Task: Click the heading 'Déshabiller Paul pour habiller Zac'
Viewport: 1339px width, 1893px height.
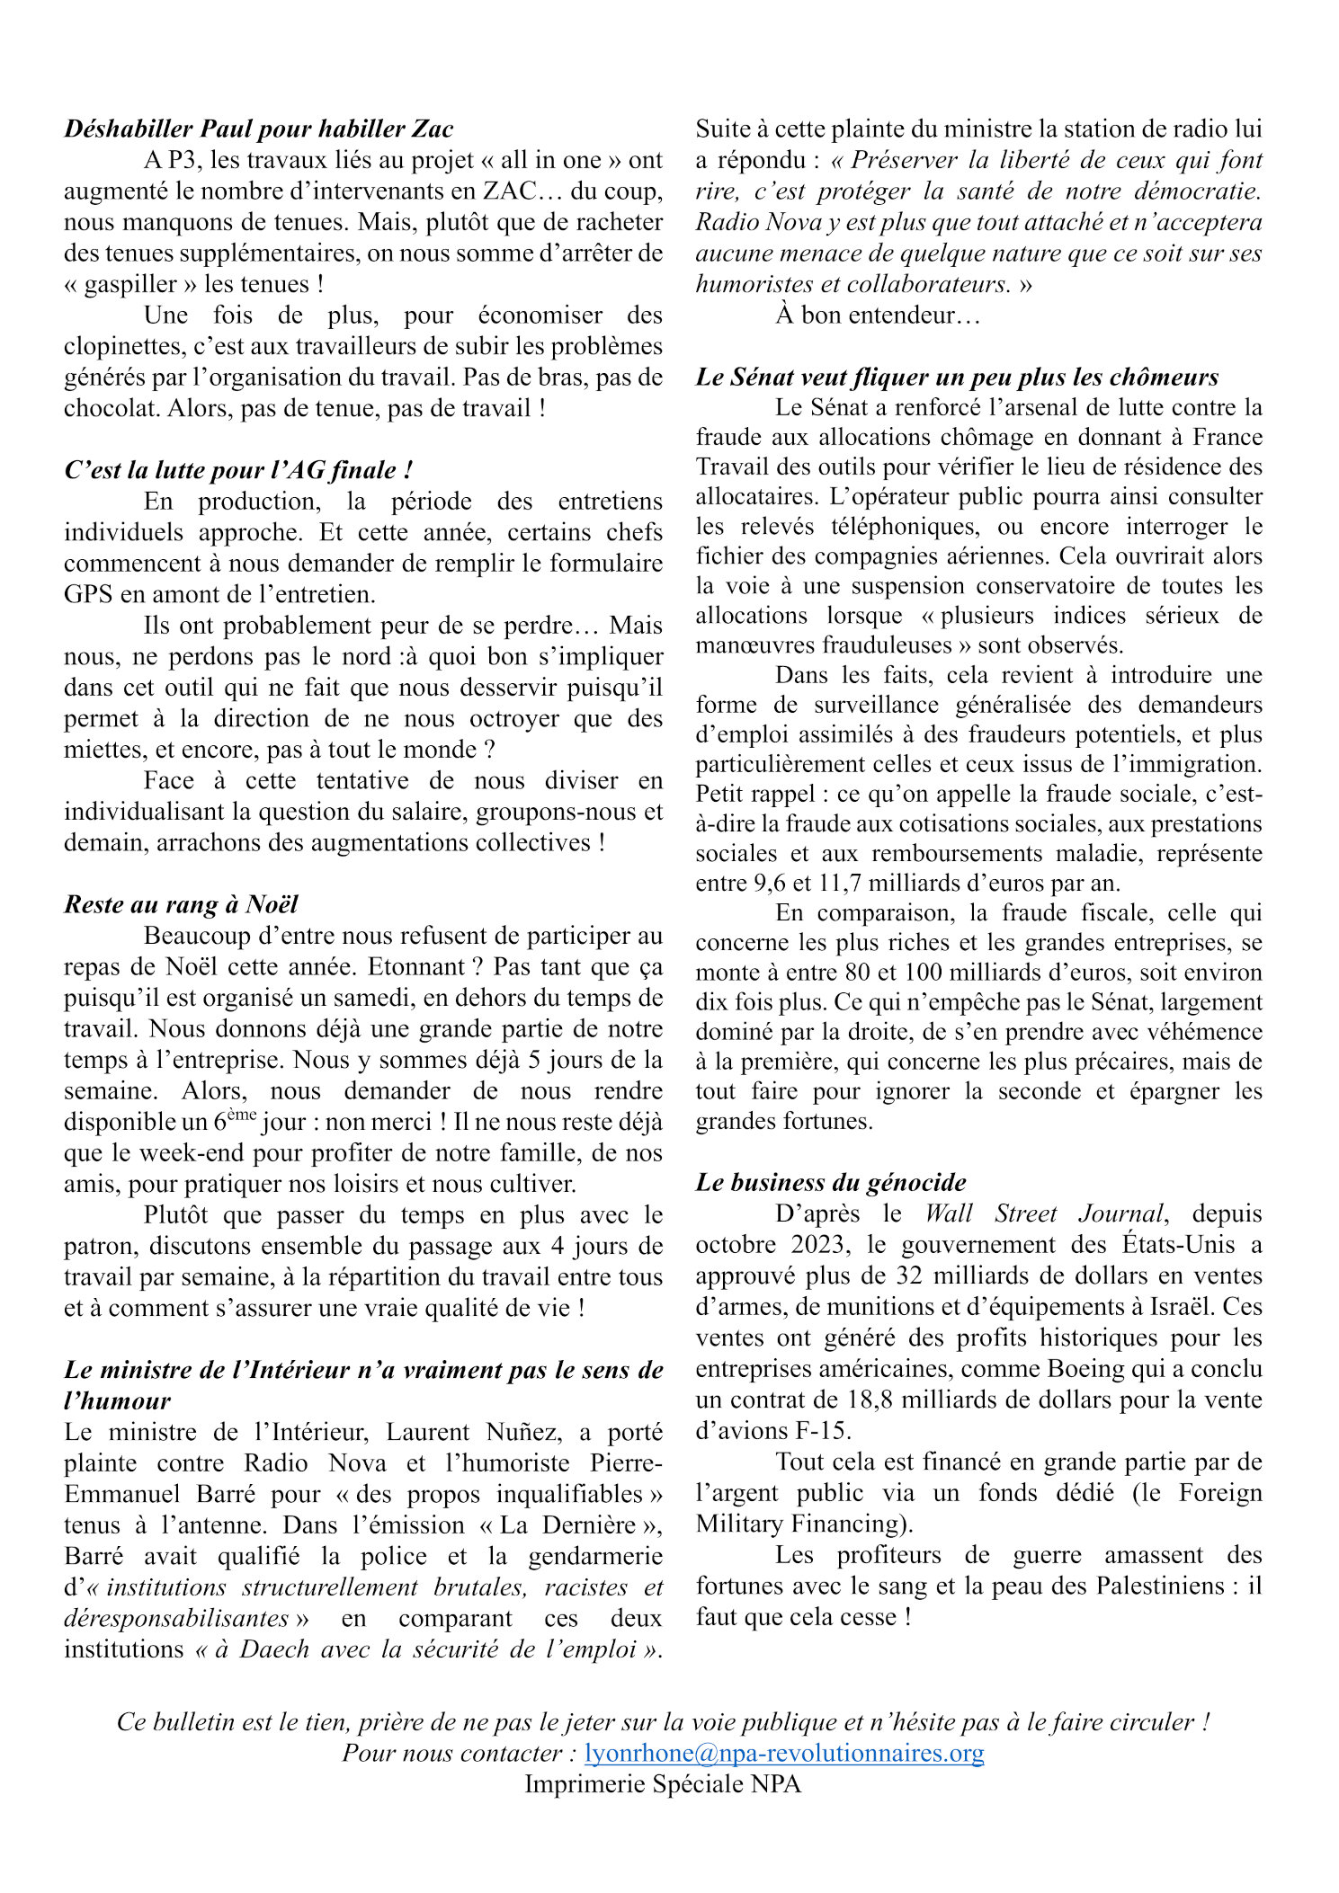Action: (x=258, y=129)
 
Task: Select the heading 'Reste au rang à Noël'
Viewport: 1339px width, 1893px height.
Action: (x=181, y=904)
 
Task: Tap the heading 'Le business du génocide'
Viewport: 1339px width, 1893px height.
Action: (x=831, y=1182)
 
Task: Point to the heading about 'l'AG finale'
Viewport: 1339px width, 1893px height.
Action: (x=238, y=470)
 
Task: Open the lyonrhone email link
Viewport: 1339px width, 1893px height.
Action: (x=784, y=1753)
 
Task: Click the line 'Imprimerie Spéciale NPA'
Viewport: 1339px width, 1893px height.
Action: (x=663, y=1783)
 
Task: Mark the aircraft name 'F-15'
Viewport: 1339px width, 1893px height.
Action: (x=834, y=1430)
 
